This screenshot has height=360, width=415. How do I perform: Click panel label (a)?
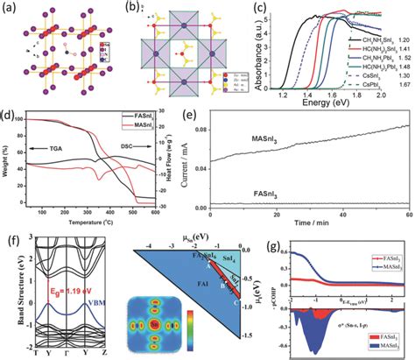click(x=11, y=8)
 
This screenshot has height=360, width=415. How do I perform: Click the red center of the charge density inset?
click(x=155, y=326)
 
